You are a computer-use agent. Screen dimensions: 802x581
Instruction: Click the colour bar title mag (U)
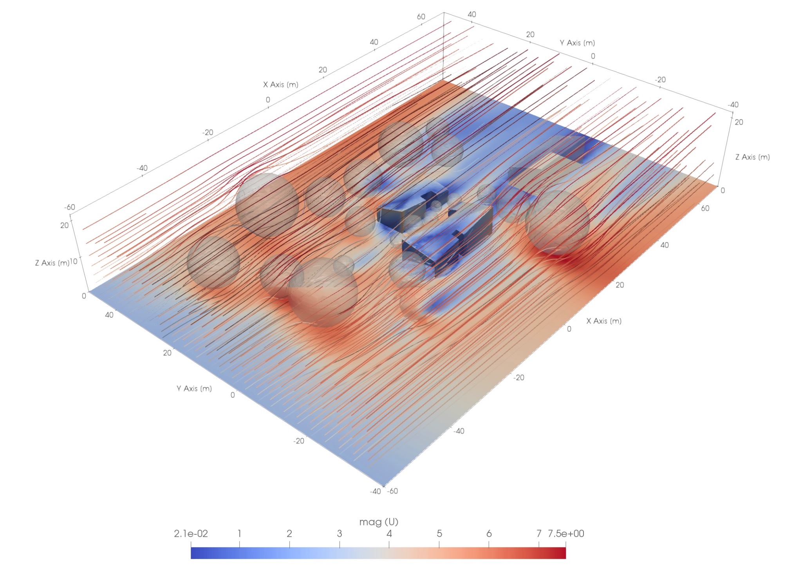(x=379, y=522)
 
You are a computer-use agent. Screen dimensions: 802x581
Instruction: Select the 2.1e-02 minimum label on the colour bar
(x=191, y=534)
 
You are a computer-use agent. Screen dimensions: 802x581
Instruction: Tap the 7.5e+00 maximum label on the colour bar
(x=566, y=534)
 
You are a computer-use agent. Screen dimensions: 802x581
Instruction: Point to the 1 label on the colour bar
(x=239, y=534)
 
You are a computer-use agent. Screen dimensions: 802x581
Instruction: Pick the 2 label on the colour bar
(x=289, y=534)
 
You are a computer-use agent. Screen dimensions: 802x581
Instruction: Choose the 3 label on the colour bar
(x=339, y=534)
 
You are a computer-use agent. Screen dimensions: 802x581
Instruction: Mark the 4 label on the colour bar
(x=389, y=534)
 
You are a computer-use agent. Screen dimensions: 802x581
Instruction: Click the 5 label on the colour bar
(x=439, y=534)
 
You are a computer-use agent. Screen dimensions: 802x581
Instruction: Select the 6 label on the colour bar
(x=489, y=534)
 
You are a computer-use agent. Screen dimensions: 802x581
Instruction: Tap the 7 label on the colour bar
(x=539, y=534)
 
